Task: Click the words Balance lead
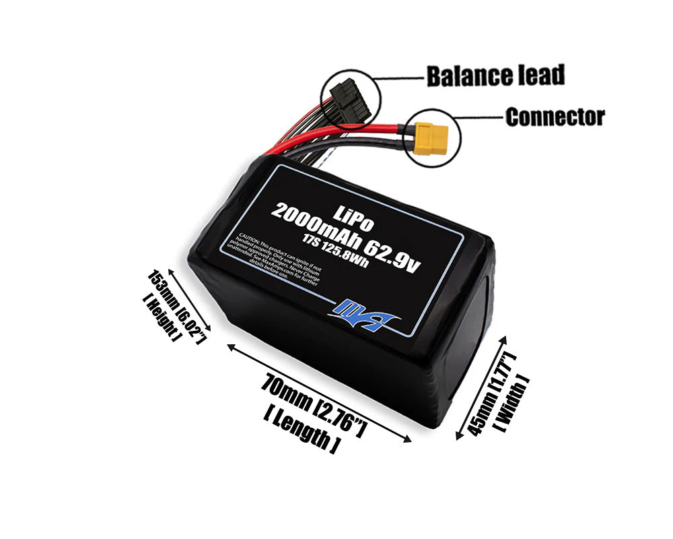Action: click(495, 75)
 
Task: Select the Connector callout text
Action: click(555, 117)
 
